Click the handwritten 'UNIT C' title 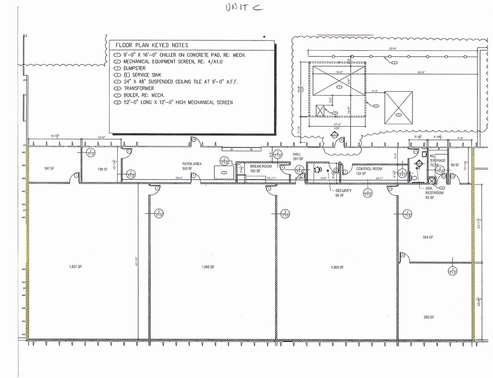tap(244, 8)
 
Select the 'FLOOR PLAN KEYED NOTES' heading tap(152, 45)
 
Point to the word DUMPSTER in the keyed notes tap(134, 68)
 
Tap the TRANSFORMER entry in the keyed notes tap(138, 88)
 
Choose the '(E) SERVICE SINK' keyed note tap(142, 75)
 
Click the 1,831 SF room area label tap(76, 267)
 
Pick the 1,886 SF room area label tap(208, 267)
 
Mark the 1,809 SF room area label tap(337, 267)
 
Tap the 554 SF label tap(428, 237)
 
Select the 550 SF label tap(429, 317)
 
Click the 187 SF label tap(49, 168)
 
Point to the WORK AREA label tap(192, 164)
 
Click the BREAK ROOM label tap(261, 166)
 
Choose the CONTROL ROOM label tap(369, 169)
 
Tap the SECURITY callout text tap(343, 191)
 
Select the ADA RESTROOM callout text tap(434, 191)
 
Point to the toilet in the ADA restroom tap(414, 178)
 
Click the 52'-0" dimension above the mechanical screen tap(393, 49)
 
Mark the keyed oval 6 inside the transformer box tap(399, 115)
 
